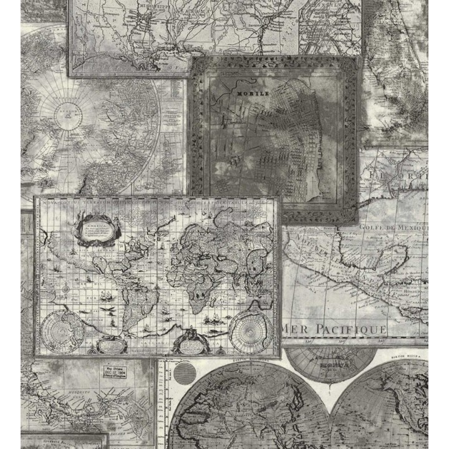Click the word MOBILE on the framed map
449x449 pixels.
(253, 93)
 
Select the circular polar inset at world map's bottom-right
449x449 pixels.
(249, 331)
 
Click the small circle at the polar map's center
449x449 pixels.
(64, 113)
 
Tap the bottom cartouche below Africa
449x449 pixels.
(190, 342)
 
